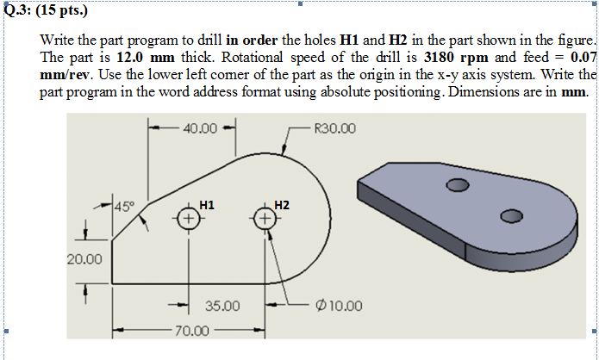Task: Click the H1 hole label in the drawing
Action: [x=207, y=205]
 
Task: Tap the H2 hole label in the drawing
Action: [x=282, y=205]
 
